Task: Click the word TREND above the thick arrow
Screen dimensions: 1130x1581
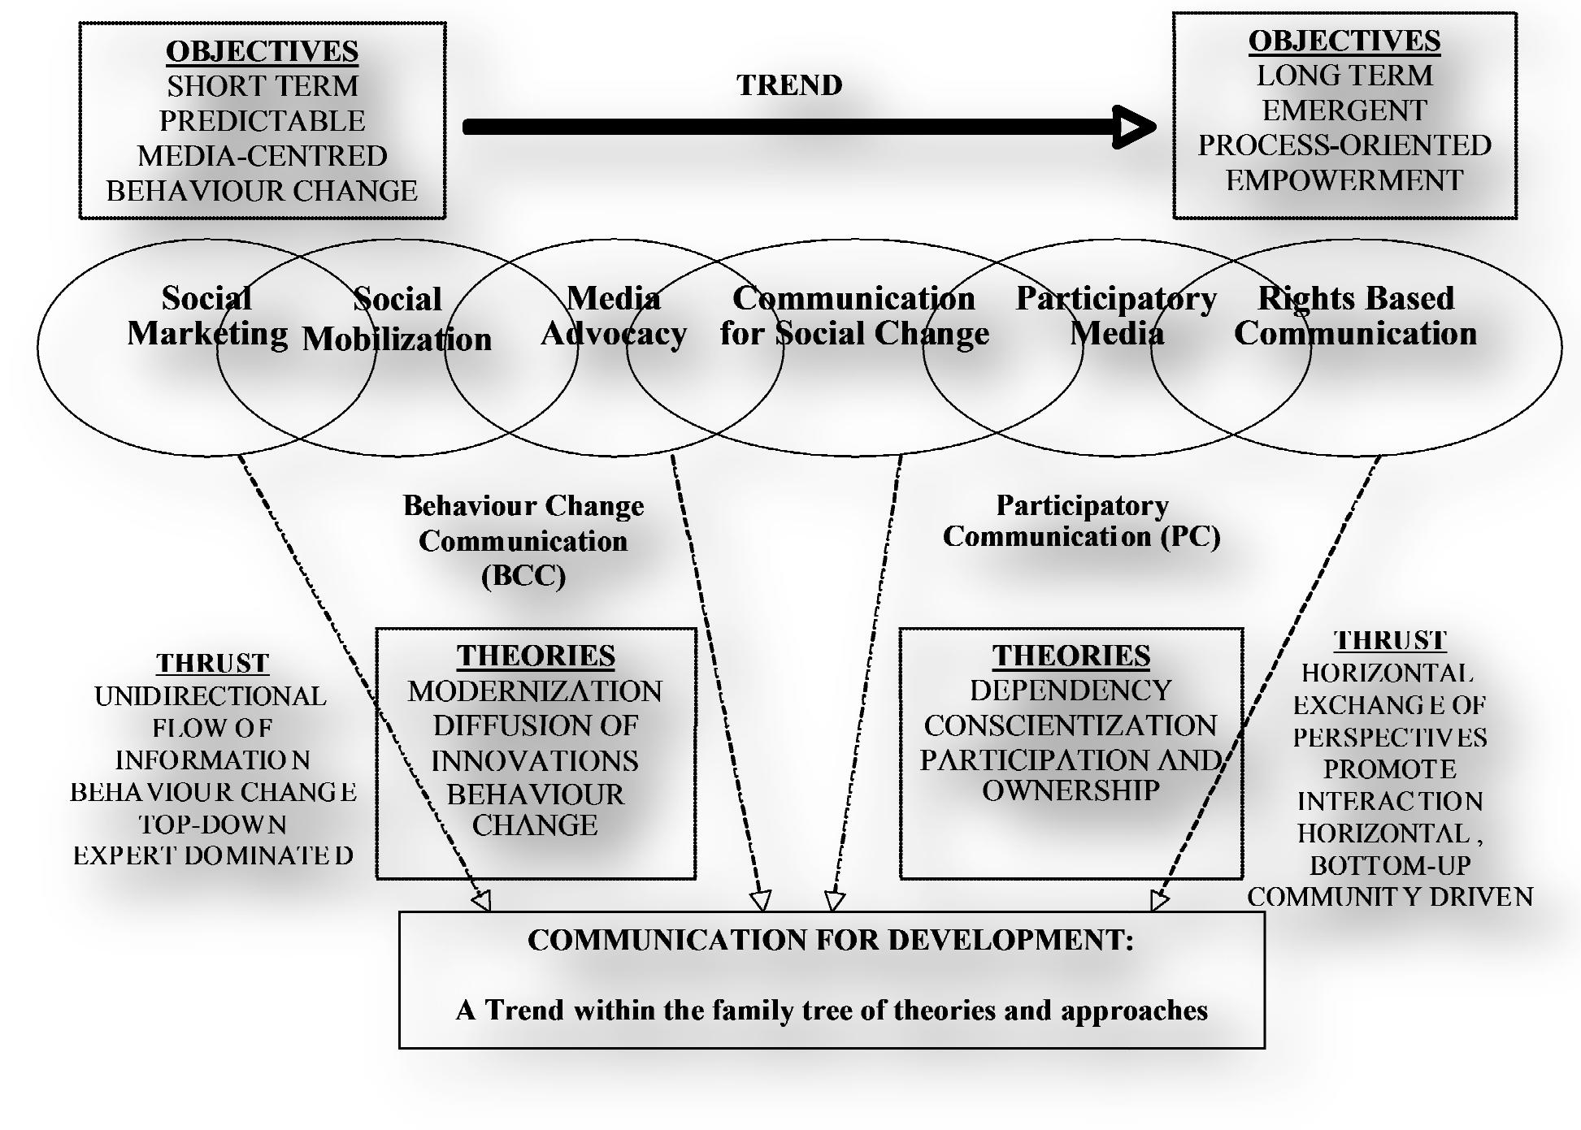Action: (x=789, y=85)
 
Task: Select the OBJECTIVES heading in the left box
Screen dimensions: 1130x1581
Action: (x=262, y=51)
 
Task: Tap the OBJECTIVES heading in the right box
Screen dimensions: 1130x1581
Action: (x=1344, y=41)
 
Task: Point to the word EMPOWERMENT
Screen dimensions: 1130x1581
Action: (x=1344, y=180)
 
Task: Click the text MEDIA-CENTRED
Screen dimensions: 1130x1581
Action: (x=262, y=156)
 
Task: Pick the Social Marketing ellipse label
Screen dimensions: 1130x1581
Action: (x=206, y=316)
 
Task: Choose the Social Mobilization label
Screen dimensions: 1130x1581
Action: (x=397, y=320)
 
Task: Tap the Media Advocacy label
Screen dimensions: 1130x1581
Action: (x=614, y=316)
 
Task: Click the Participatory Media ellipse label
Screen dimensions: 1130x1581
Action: (x=1116, y=316)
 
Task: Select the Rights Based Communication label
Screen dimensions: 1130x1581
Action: (x=1356, y=316)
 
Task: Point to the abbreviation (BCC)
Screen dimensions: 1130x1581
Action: (x=523, y=576)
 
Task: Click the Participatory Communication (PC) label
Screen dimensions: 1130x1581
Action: (x=1081, y=521)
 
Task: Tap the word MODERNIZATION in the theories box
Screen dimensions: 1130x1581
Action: (x=535, y=691)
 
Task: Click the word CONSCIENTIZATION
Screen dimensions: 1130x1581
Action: (x=1071, y=725)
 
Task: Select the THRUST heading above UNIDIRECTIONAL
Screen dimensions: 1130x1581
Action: (x=212, y=663)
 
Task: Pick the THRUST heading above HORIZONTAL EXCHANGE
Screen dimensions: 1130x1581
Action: (x=1390, y=640)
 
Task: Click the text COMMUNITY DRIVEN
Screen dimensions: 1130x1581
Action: (x=1390, y=897)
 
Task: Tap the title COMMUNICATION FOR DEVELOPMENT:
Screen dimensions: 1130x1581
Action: (x=830, y=940)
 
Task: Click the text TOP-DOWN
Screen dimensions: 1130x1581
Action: (x=213, y=825)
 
